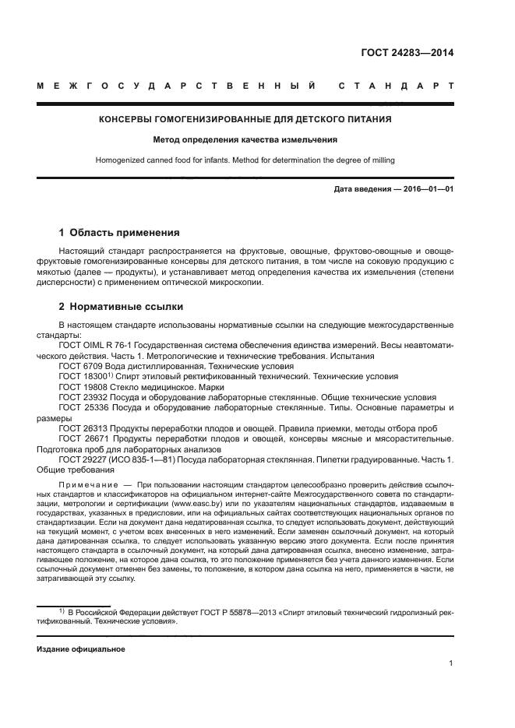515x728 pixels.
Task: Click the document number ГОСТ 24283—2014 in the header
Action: coord(407,54)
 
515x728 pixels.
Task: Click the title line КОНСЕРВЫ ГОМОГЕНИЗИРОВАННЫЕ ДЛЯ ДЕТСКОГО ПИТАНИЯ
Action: coord(245,120)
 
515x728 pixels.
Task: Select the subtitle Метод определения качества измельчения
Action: coord(245,141)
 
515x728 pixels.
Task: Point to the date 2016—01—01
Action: coord(427,189)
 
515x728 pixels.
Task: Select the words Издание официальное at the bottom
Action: coord(81,649)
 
